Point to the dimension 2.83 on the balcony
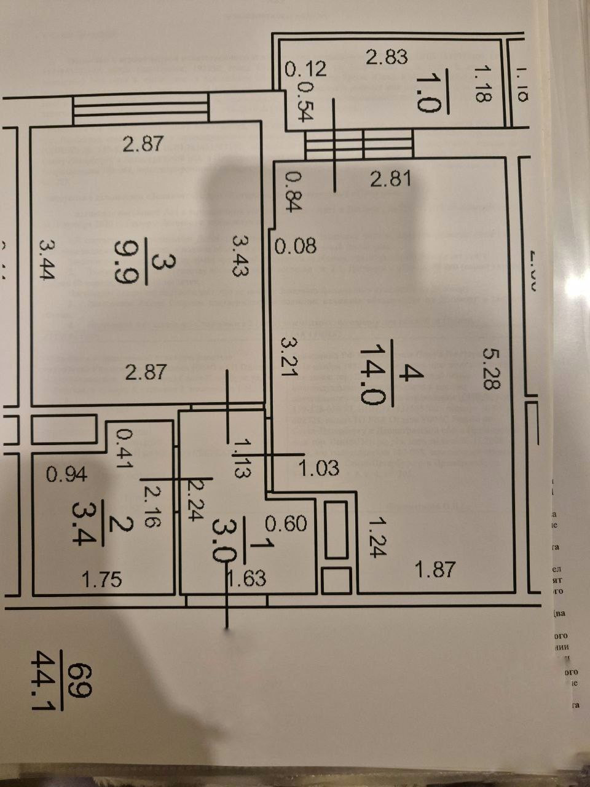387,57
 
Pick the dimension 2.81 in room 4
390,180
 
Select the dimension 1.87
435,569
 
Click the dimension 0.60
286,523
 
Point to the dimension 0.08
296,247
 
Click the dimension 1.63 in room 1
246,579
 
